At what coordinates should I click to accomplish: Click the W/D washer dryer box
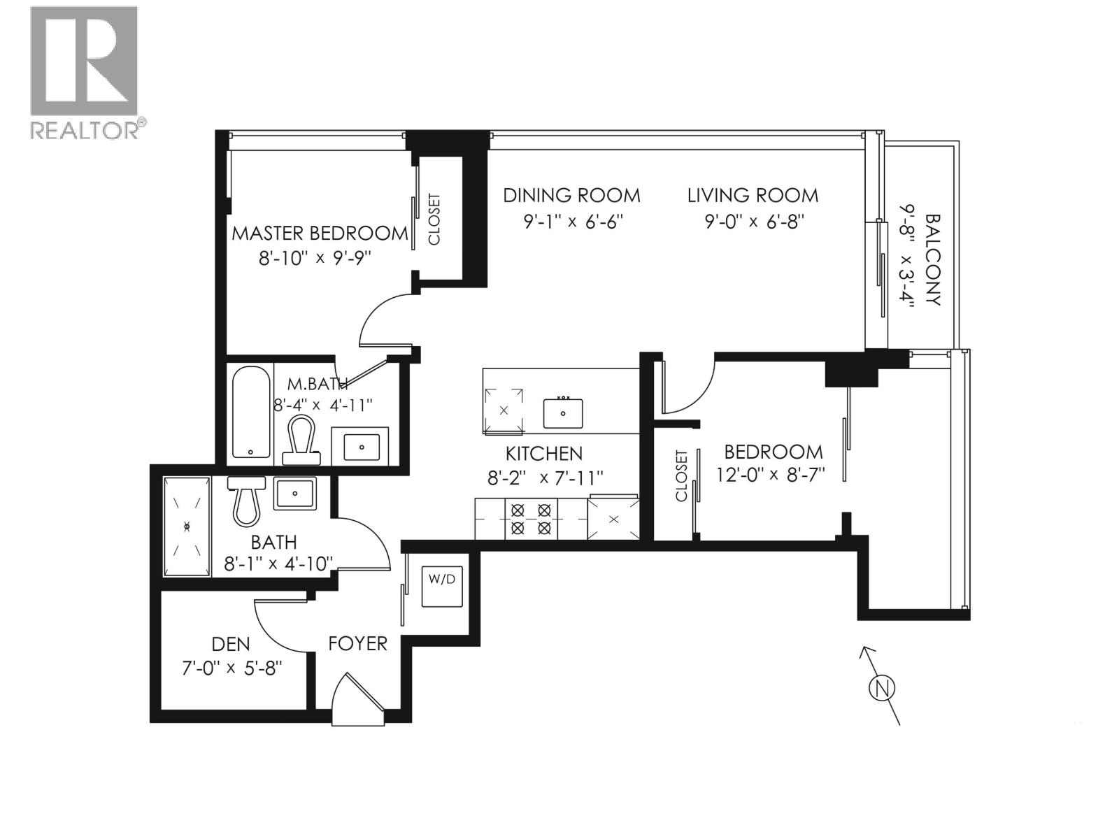[441, 587]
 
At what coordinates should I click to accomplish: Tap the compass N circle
[882, 688]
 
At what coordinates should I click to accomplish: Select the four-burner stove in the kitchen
[531, 519]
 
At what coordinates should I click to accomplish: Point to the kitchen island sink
[563, 413]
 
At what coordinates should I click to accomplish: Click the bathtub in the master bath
[250, 413]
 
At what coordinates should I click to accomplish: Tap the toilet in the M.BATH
[302, 440]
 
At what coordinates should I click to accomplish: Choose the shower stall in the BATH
[187, 527]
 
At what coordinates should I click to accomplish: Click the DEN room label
[231, 643]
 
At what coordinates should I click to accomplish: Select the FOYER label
[357, 643]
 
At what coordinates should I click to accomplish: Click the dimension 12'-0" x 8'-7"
[771, 475]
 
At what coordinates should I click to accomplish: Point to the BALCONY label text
[932, 260]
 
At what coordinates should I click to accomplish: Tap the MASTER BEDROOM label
[320, 233]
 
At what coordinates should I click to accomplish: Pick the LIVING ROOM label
[753, 195]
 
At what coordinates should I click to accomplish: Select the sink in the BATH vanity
[294, 494]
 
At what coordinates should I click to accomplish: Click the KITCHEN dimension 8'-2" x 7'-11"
[545, 478]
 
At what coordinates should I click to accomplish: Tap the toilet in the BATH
[246, 499]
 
